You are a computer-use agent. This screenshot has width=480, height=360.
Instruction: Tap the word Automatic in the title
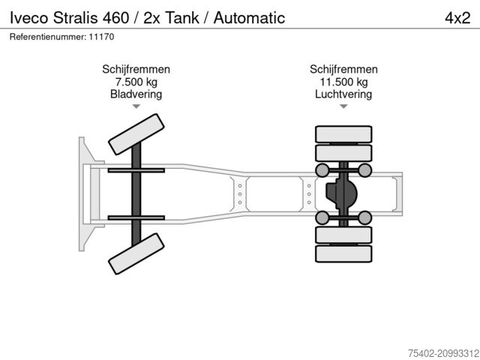click(x=249, y=17)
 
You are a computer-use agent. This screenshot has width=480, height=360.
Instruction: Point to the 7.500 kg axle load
click(x=136, y=82)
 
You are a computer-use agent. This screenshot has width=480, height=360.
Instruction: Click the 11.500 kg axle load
click(x=343, y=82)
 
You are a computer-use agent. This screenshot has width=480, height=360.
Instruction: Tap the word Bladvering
click(x=136, y=94)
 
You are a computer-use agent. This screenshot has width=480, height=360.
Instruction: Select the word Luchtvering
click(x=343, y=94)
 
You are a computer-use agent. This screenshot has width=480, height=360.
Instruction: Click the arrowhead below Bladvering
click(x=136, y=106)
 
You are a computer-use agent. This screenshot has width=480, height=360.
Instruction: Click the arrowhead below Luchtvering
click(x=343, y=106)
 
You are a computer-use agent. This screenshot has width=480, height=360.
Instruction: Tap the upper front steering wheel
click(x=136, y=135)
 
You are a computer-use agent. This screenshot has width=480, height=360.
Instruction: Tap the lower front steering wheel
click(x=136, y=253)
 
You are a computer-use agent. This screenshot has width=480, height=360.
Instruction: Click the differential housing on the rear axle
click(x=341, y=195)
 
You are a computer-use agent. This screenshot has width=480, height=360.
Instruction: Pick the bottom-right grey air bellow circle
click(x=365, y=218)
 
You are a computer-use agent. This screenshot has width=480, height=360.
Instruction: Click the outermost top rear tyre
click(x=343, y=134)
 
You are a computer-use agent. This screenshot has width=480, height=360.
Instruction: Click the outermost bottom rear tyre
click(x=343, y=254)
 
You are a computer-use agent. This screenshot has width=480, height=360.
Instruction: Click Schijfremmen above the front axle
click(x=136, y=70)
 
